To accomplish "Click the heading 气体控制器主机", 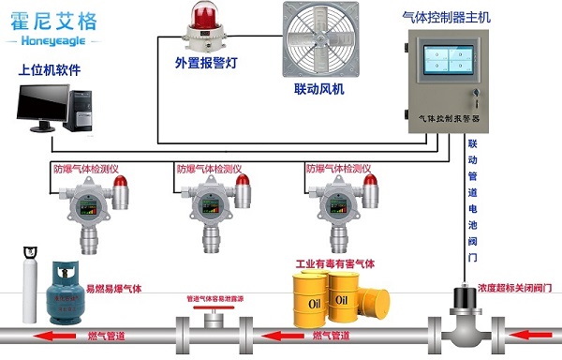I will (x=445, y=15).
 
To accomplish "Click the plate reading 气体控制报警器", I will (x=445, y=120).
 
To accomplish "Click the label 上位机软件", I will (x=50, y=69).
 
